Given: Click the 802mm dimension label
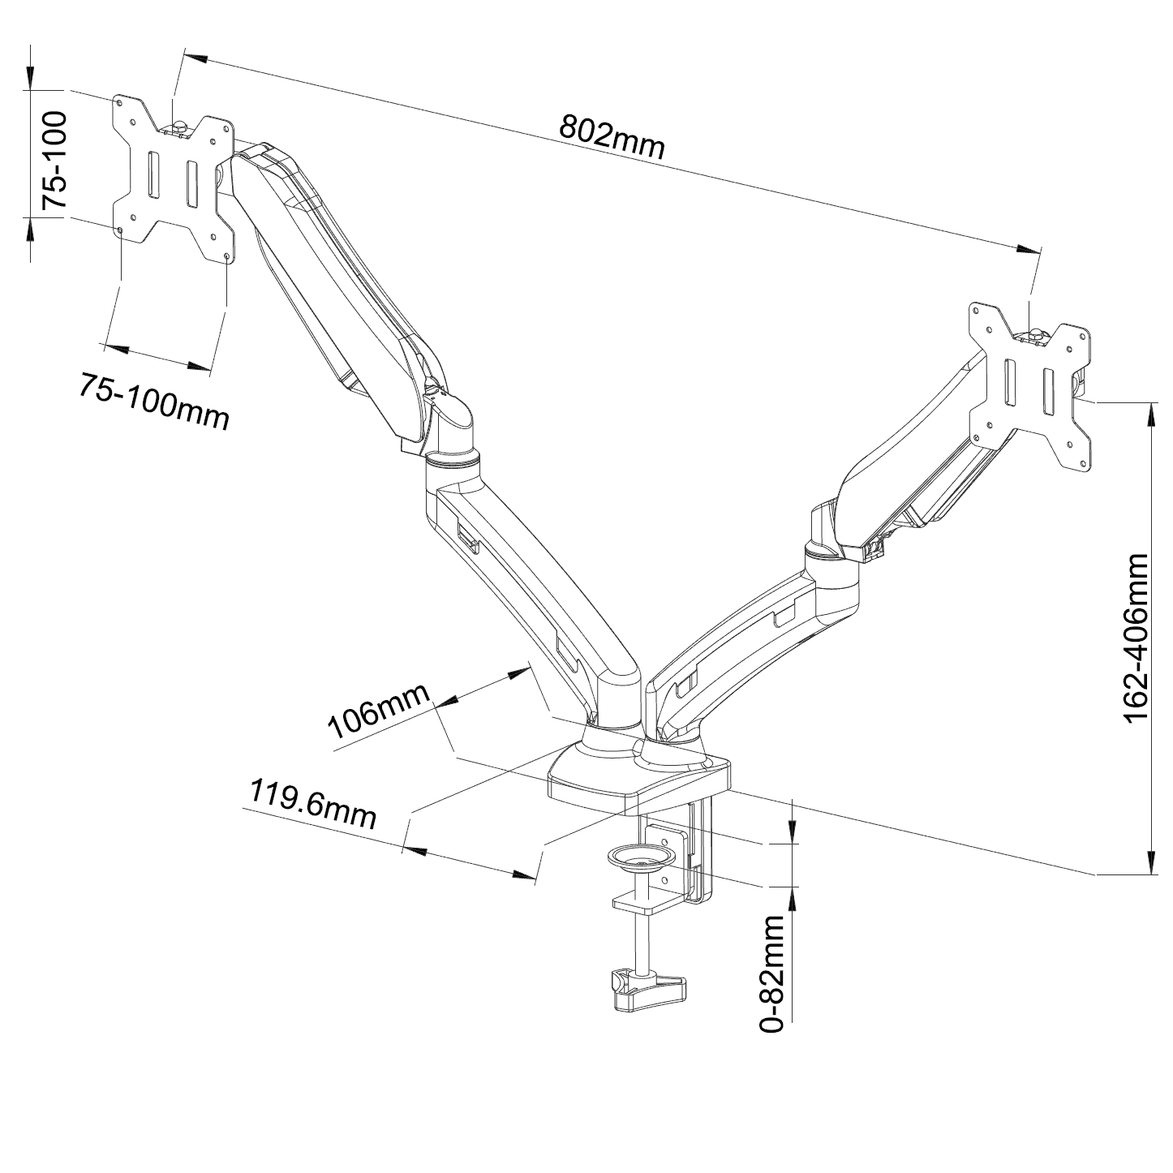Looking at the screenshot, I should coord(612,136).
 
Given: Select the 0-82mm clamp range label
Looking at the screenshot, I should coord(773,973).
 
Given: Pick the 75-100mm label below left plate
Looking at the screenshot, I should coord(154,400).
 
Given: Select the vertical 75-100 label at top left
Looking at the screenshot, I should coord(54,160).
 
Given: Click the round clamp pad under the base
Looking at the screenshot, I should coord(639,857).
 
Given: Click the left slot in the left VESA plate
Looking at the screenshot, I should coord(152,174).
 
